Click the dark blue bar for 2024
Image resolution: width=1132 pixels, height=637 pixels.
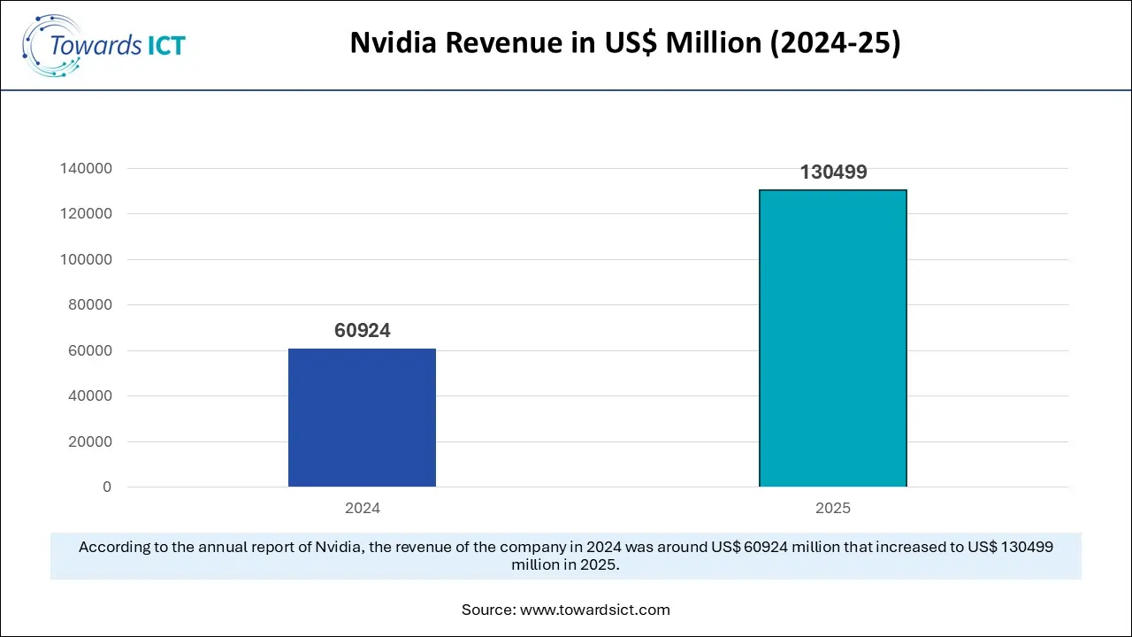click(x=362, y=418)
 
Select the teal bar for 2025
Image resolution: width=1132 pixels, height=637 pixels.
click(x=832, y=338)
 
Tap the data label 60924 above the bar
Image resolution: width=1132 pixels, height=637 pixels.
click(x=362, y=331)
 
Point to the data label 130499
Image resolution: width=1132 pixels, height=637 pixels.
click(x=833, y=173)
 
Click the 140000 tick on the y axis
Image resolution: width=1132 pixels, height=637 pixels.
click(x=86, y=168)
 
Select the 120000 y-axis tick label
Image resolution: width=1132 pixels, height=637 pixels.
click(x=86, y=214)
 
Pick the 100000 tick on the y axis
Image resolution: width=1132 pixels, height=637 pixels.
click(x=86, y=259)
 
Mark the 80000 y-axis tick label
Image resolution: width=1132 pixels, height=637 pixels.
click(x=89, y=305)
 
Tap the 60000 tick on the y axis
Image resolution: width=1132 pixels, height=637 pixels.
click(x=89, y=350)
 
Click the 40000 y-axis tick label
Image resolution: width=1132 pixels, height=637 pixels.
click(x=89, y=396)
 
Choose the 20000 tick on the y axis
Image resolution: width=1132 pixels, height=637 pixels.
click(x=89, y=441)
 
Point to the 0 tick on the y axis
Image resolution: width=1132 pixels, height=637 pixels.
click(x=107, y=487)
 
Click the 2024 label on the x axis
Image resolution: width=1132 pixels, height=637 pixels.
click(x=362, y=509)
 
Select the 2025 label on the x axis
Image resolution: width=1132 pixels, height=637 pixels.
click(x=832, y=509)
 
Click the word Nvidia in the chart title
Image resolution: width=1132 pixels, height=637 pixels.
click(x=390, y=43)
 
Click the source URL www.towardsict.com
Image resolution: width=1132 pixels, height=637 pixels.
click(x=595, y=610)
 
